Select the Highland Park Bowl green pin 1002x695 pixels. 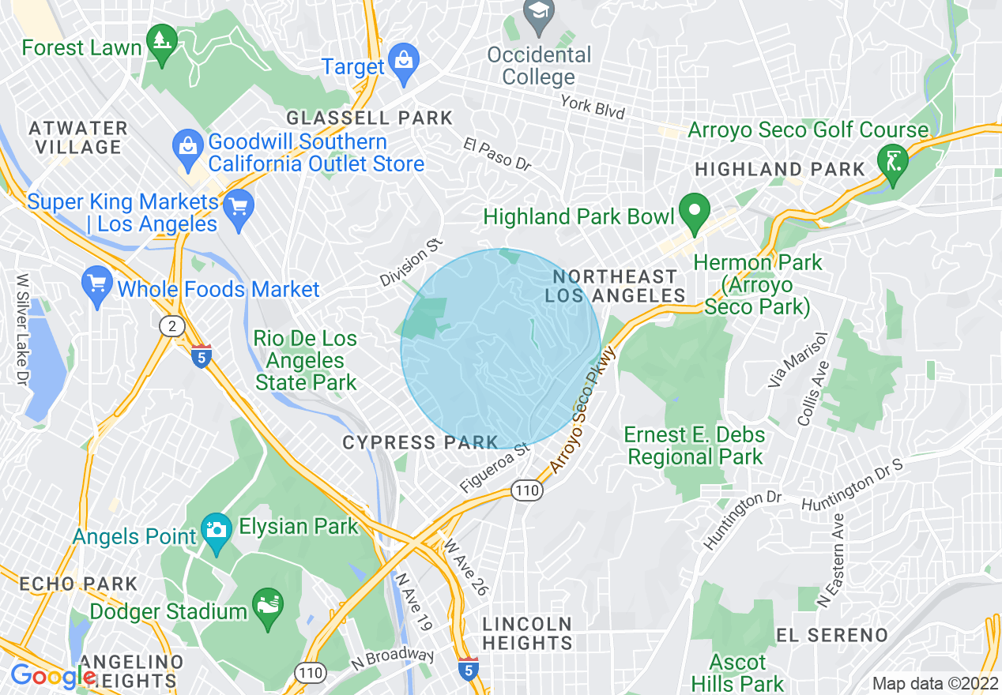[x=695, y=212]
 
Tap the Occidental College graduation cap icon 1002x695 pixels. [x=539, y=14]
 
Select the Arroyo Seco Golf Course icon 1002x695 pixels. [x=893, y=163]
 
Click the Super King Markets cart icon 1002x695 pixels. [x=238, y=208]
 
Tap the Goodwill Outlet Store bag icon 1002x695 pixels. [x=188, y=149]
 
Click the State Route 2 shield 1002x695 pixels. [x=171, y=326]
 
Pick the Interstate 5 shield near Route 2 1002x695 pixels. [x=201, y=356]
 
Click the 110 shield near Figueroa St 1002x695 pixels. [x=527, y=490]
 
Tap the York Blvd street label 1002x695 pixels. [x=592, y=107]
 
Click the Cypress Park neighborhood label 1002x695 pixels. [x=420, y=443]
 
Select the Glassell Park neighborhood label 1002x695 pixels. [x=369, y=118]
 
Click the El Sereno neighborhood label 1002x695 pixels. [x=832, y=635]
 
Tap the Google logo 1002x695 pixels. [x=52, y=676]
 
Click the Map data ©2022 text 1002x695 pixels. [x=934, y=683]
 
